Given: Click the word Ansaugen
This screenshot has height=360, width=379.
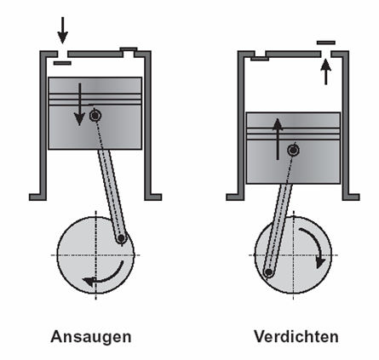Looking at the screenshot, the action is tap(91, 337).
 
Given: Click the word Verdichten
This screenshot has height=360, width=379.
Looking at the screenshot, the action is tap(296, 336).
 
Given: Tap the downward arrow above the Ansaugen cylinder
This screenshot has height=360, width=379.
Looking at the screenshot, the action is tap(63, 30).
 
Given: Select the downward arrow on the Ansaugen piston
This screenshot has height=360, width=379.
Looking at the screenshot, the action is tap(79, 105).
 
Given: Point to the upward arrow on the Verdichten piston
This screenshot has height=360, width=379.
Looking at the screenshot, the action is tap(278, 139).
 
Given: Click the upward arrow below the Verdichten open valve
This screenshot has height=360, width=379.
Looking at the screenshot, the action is tap(326, 71).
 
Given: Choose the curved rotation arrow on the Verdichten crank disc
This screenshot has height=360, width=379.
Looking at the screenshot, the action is tap(313, 245).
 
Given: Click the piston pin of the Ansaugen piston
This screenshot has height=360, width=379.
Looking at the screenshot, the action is tap(95, 116).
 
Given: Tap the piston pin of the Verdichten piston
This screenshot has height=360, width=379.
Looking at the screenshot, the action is tap(293, 150).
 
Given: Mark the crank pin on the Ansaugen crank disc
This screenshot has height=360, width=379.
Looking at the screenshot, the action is tap(122, 238).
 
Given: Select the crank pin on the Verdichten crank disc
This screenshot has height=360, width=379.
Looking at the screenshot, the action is tap(268, 272).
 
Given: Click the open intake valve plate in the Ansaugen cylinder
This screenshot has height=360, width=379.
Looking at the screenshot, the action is tap(62, 63).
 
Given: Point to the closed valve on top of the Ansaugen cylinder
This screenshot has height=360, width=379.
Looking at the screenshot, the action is tap(129, 51).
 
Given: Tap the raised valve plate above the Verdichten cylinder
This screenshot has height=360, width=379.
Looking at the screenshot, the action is tap(326, 43).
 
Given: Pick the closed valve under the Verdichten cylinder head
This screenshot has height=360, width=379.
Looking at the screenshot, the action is tap(260, 59).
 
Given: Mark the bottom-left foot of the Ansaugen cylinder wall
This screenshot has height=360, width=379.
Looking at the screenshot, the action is tap(37, 197).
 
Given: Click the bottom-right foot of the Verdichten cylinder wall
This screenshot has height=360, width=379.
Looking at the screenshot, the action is tap(351, 197).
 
